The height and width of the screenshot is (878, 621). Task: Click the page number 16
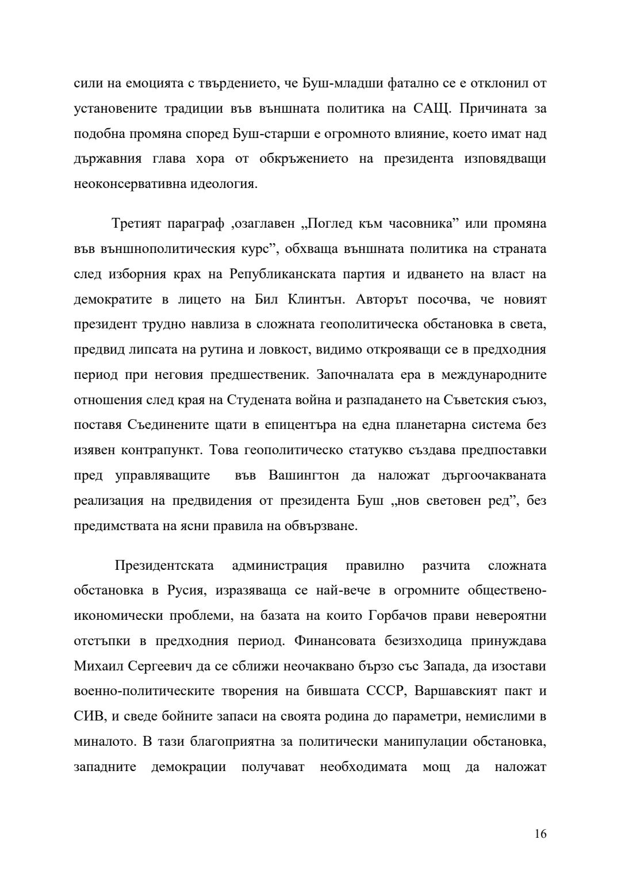[x=540, y=834]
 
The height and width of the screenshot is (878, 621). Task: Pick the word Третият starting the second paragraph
[x=136, y=224]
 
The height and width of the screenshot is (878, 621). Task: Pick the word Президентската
[x=164, y=566]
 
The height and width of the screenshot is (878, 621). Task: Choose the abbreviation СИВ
[x=86, y=717]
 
